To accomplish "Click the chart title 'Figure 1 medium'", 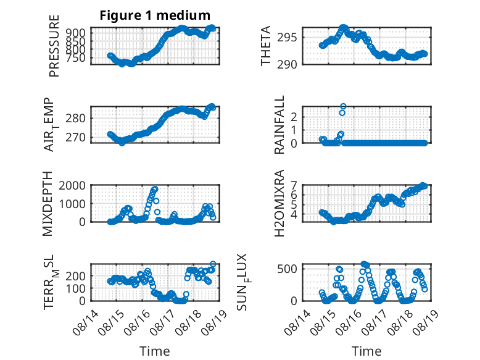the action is (x=155, y=15).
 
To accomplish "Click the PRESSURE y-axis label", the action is (x=54, y=46).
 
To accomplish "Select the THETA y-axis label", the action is (x=266, y=46).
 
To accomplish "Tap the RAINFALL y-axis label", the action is (x=279, y=124).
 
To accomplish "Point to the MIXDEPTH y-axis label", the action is (x=48, y=203).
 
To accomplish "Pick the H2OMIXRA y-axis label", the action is (x=279, y=203).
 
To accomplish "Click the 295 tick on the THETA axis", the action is (x=287, y=38).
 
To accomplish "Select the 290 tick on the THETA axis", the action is (x=287, y=64).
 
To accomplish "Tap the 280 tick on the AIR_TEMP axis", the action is (x=75, y=118).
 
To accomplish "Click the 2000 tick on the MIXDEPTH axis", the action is (x=72, y=185).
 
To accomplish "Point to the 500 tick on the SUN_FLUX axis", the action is (x=287, y=269).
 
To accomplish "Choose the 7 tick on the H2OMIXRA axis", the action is (x=294, y=185).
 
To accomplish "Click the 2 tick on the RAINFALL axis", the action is (x=294, y=117).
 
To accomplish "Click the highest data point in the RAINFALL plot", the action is (x=343, y=106).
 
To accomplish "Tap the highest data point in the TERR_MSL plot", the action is (x=213, y=264).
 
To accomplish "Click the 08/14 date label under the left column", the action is (x=85, y=322).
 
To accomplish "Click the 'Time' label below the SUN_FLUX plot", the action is (x=366, y=351).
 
